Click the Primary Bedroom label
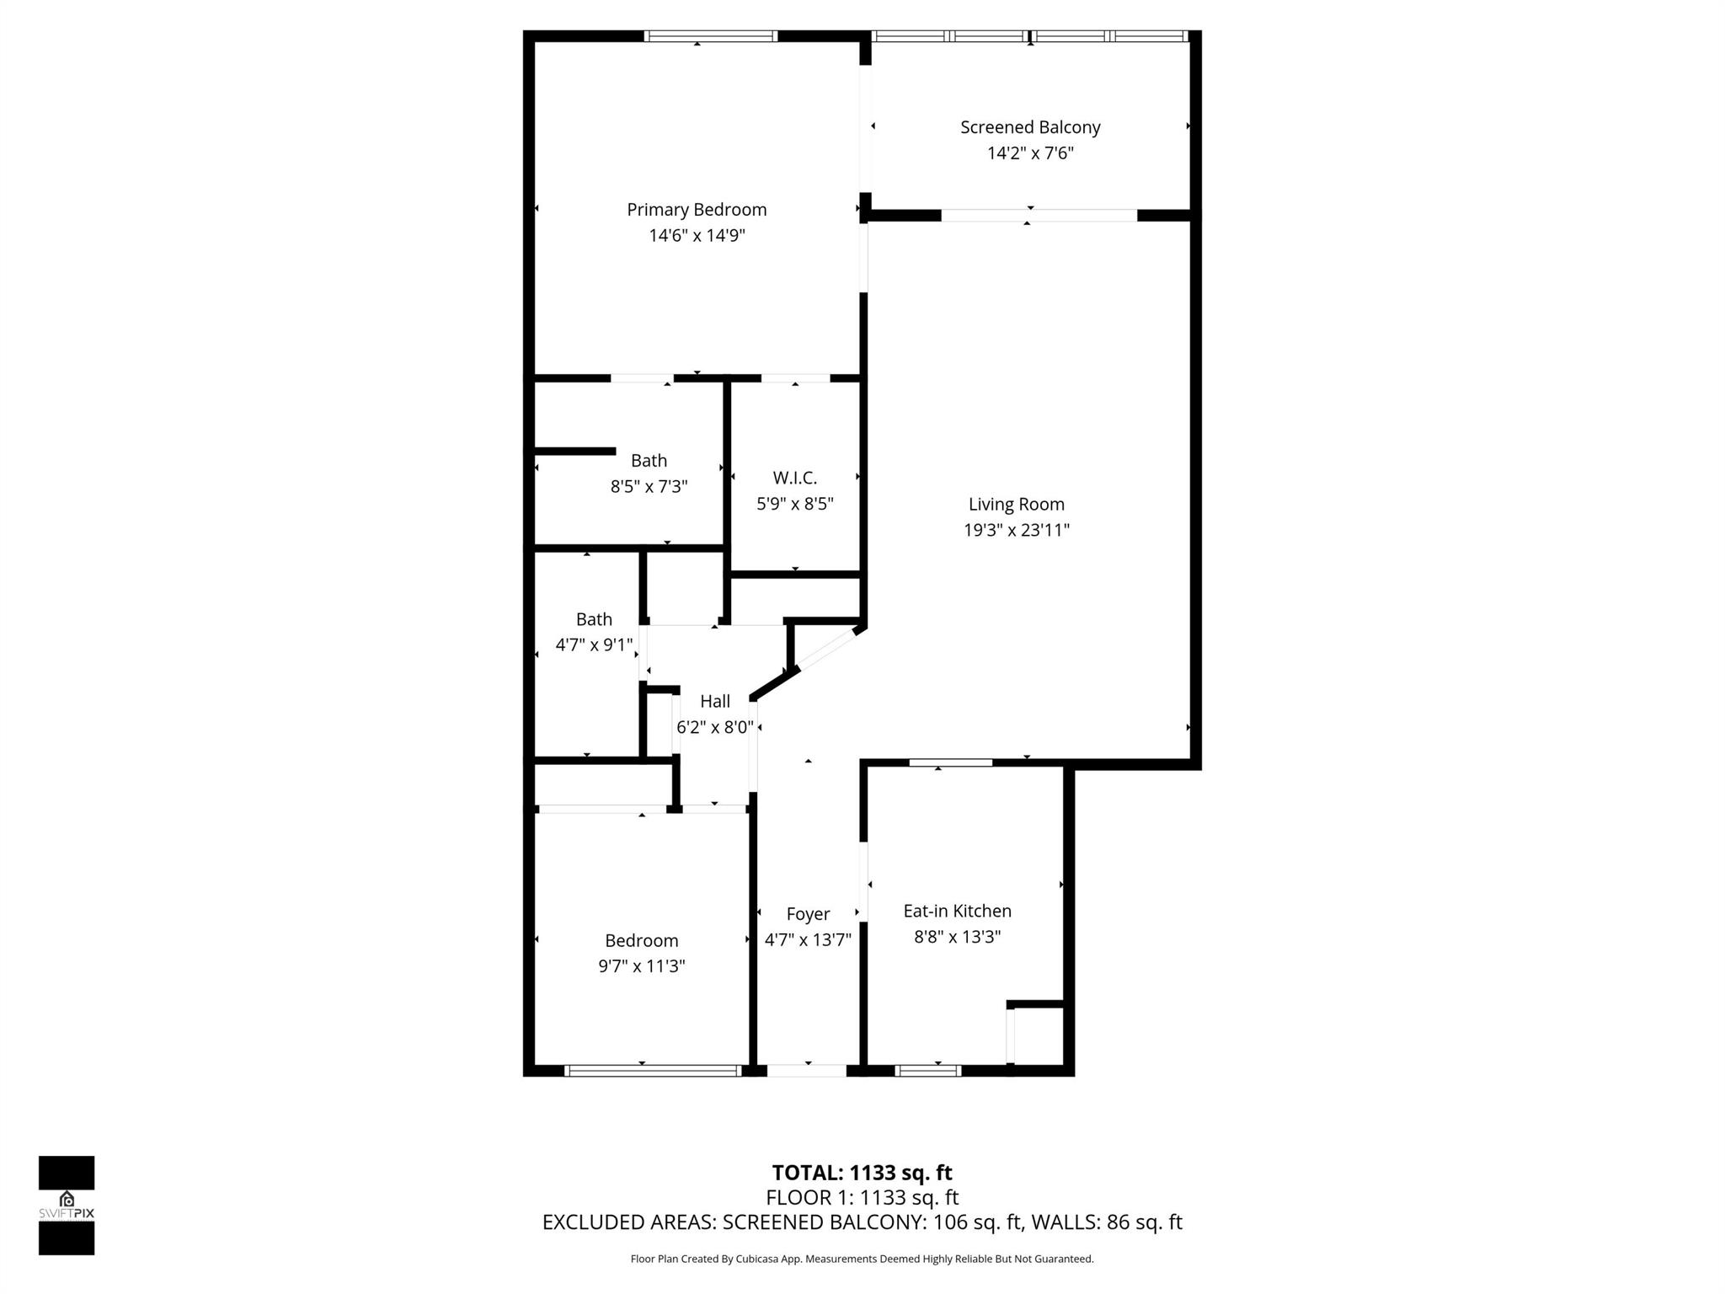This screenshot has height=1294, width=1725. [697, 210]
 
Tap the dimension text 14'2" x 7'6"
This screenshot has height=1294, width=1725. [1030, 153]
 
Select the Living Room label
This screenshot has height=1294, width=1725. [1016, 504]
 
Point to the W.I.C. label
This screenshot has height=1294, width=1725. [794, 478]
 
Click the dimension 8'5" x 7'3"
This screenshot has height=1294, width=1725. [649, 487]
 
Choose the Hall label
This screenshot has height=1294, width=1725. [714, 701]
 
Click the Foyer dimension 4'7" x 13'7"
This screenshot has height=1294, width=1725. [808, 939]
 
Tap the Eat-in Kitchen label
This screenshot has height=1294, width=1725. [957, 911]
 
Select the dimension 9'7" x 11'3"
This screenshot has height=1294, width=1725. [641, 966]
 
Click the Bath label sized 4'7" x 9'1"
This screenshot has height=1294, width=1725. [594, 619]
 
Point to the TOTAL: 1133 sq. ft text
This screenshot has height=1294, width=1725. [862, 1173]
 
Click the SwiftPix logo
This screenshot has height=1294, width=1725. [67, 1205]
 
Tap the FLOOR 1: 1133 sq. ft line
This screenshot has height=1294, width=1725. [862, 1197]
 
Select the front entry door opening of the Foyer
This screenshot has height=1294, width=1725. [806, 1071]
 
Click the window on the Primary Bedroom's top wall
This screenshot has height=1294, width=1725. [710, 36]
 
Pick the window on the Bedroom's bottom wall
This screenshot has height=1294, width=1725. [653, 1071]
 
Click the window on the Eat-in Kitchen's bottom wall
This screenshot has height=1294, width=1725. [927, 1071]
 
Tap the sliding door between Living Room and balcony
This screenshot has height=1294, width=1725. [1039, 216]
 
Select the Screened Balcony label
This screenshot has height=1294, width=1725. [1030, 127]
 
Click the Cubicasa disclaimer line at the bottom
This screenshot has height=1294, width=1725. [862, 1259]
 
